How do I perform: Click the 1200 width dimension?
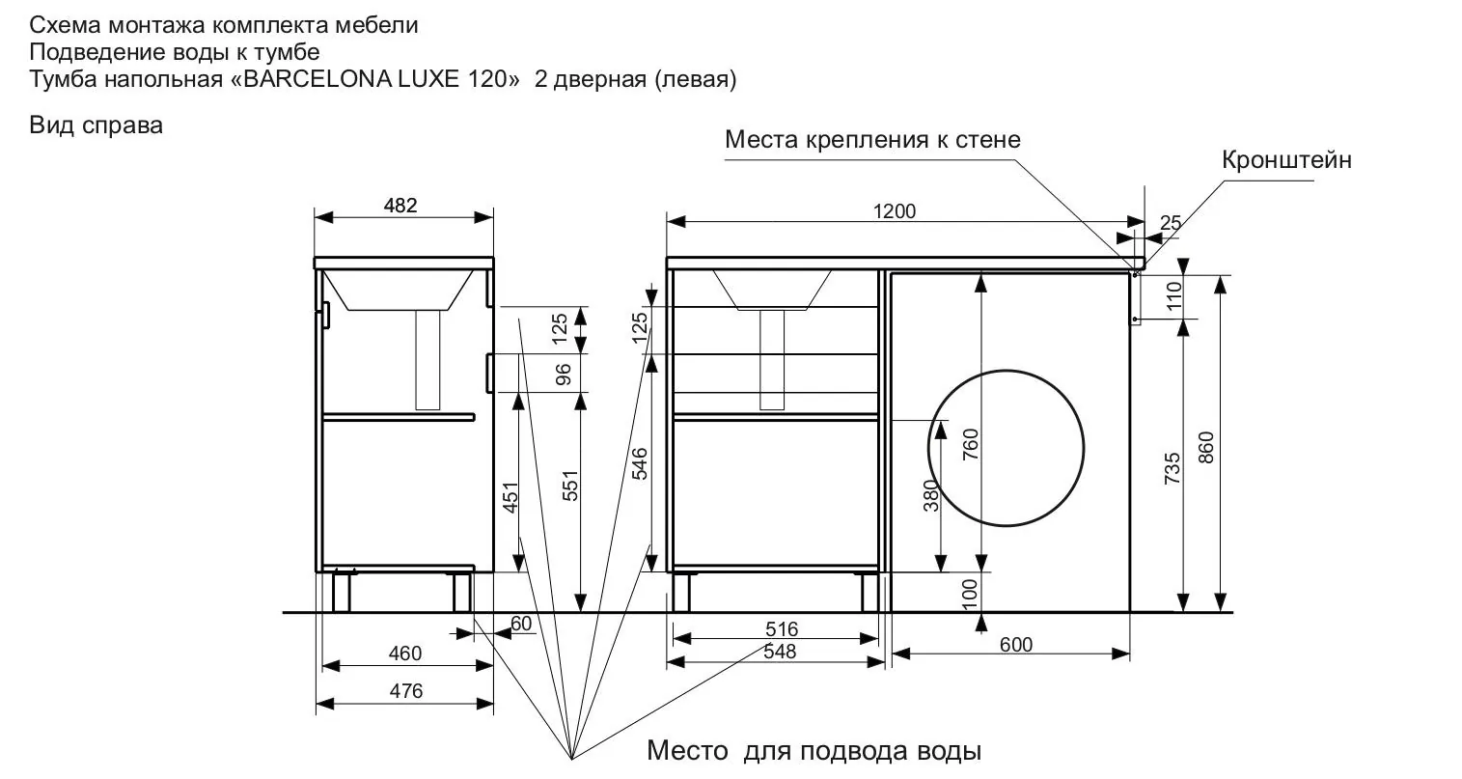895,210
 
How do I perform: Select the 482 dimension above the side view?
400,206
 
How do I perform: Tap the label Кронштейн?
1286,160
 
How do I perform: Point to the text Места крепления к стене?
872,139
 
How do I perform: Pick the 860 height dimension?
1206,447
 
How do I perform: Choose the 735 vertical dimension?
1172,468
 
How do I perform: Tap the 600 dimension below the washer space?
1016,645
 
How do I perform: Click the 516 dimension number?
782,628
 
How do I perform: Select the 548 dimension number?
780,651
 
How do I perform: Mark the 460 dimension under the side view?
405,653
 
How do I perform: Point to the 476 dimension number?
406,691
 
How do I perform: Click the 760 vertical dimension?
971,444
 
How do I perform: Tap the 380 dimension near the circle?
931,495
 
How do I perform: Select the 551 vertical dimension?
570,486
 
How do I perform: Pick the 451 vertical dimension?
510,497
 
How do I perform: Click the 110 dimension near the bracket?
1174,295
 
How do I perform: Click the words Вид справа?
96,125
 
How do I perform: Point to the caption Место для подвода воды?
814,751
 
